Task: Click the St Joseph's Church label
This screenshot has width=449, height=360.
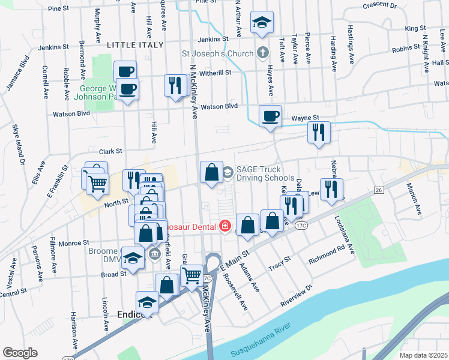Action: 218,54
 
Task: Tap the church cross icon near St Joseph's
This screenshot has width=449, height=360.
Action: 262,53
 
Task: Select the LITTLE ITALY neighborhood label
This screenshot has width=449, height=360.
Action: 135,45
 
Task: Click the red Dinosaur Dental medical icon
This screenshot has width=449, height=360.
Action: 225,226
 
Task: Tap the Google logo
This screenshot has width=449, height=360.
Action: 20,353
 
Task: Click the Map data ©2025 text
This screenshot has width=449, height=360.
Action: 424,355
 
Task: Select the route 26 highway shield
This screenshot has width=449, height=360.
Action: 378,190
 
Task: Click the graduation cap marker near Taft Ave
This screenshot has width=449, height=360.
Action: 262,23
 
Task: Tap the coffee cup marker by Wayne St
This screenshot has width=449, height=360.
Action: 270,115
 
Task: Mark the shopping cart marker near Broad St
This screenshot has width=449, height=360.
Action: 191,276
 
